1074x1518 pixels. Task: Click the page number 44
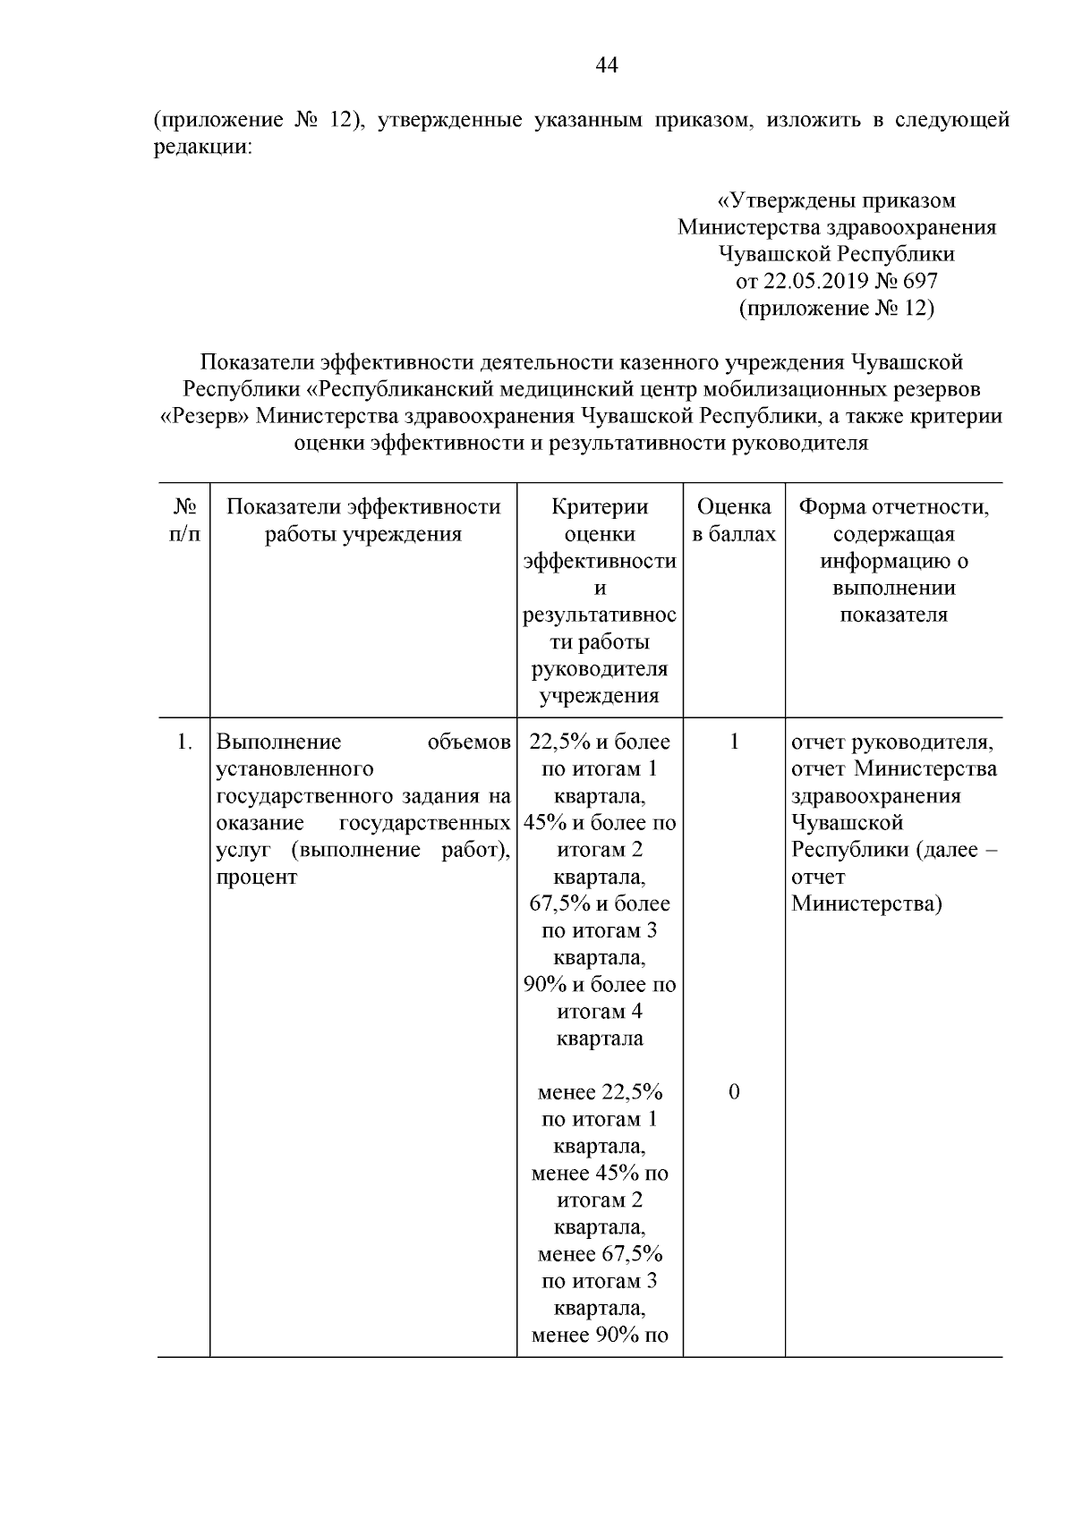[606, 65]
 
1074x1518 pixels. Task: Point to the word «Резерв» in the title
[208, 416]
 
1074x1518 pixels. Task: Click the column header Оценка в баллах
[734, 521]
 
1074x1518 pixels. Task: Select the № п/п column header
[184, 521]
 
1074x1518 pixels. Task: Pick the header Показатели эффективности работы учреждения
[363, 521]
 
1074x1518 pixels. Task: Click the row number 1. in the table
[184, 742]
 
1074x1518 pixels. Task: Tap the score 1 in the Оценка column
[734, 742]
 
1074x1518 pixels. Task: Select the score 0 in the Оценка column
[734, 1092]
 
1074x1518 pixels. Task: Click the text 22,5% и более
[600, 742]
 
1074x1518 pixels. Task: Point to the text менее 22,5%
[600, 1092]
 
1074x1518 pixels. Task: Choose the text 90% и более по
[600, 985]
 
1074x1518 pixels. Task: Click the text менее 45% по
[600, 1173]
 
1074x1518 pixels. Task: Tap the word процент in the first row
[257, 877]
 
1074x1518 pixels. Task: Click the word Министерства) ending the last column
[866, 903]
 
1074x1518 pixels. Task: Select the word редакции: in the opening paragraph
[202, 147]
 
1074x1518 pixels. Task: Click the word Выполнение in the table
[279, 742]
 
